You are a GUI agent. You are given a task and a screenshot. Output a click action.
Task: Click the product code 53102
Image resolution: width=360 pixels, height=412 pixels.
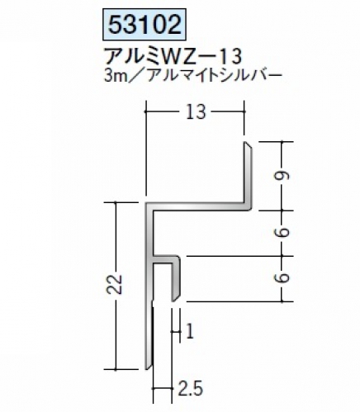[x=144, y=25]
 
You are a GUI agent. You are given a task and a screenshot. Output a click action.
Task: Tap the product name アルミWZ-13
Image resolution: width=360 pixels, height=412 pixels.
[x=173, y=56]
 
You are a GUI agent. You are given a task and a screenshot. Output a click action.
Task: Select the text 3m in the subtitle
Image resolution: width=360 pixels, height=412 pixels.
[x=114, y=76]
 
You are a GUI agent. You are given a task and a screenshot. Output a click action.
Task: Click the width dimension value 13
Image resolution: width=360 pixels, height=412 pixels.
[x=196, y=112]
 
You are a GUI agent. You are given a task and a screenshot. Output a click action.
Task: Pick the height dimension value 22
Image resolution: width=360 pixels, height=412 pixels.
[x=116, y=285]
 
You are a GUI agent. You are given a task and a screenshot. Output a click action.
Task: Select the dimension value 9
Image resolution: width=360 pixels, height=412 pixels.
[x=283, y=176]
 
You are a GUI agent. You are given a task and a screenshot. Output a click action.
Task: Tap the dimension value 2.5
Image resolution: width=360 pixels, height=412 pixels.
[x=191, y=389]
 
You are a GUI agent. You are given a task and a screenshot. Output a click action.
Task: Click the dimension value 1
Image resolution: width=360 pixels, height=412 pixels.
[x=190, y=331]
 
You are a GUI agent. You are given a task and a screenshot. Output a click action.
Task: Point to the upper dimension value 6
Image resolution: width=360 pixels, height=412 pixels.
[x=283, y=233]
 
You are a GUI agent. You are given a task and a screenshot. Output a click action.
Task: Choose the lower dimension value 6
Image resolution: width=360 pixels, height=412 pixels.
[x=283, y=278]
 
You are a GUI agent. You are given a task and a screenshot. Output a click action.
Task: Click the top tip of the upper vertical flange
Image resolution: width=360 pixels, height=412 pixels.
[x=245, y=142]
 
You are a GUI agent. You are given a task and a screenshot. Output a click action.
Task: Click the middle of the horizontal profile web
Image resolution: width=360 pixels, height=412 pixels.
[x=198, y=206]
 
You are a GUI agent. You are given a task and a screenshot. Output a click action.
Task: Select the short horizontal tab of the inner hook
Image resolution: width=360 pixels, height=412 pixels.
[x=166, y=259]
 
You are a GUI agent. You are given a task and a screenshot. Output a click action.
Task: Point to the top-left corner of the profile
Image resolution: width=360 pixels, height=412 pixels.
[x=145, y=202]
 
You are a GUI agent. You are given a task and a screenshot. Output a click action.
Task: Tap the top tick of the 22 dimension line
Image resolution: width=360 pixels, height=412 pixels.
[x=116, y=202]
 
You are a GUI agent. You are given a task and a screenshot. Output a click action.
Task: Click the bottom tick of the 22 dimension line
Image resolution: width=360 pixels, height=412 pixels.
[x=116, y=368]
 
